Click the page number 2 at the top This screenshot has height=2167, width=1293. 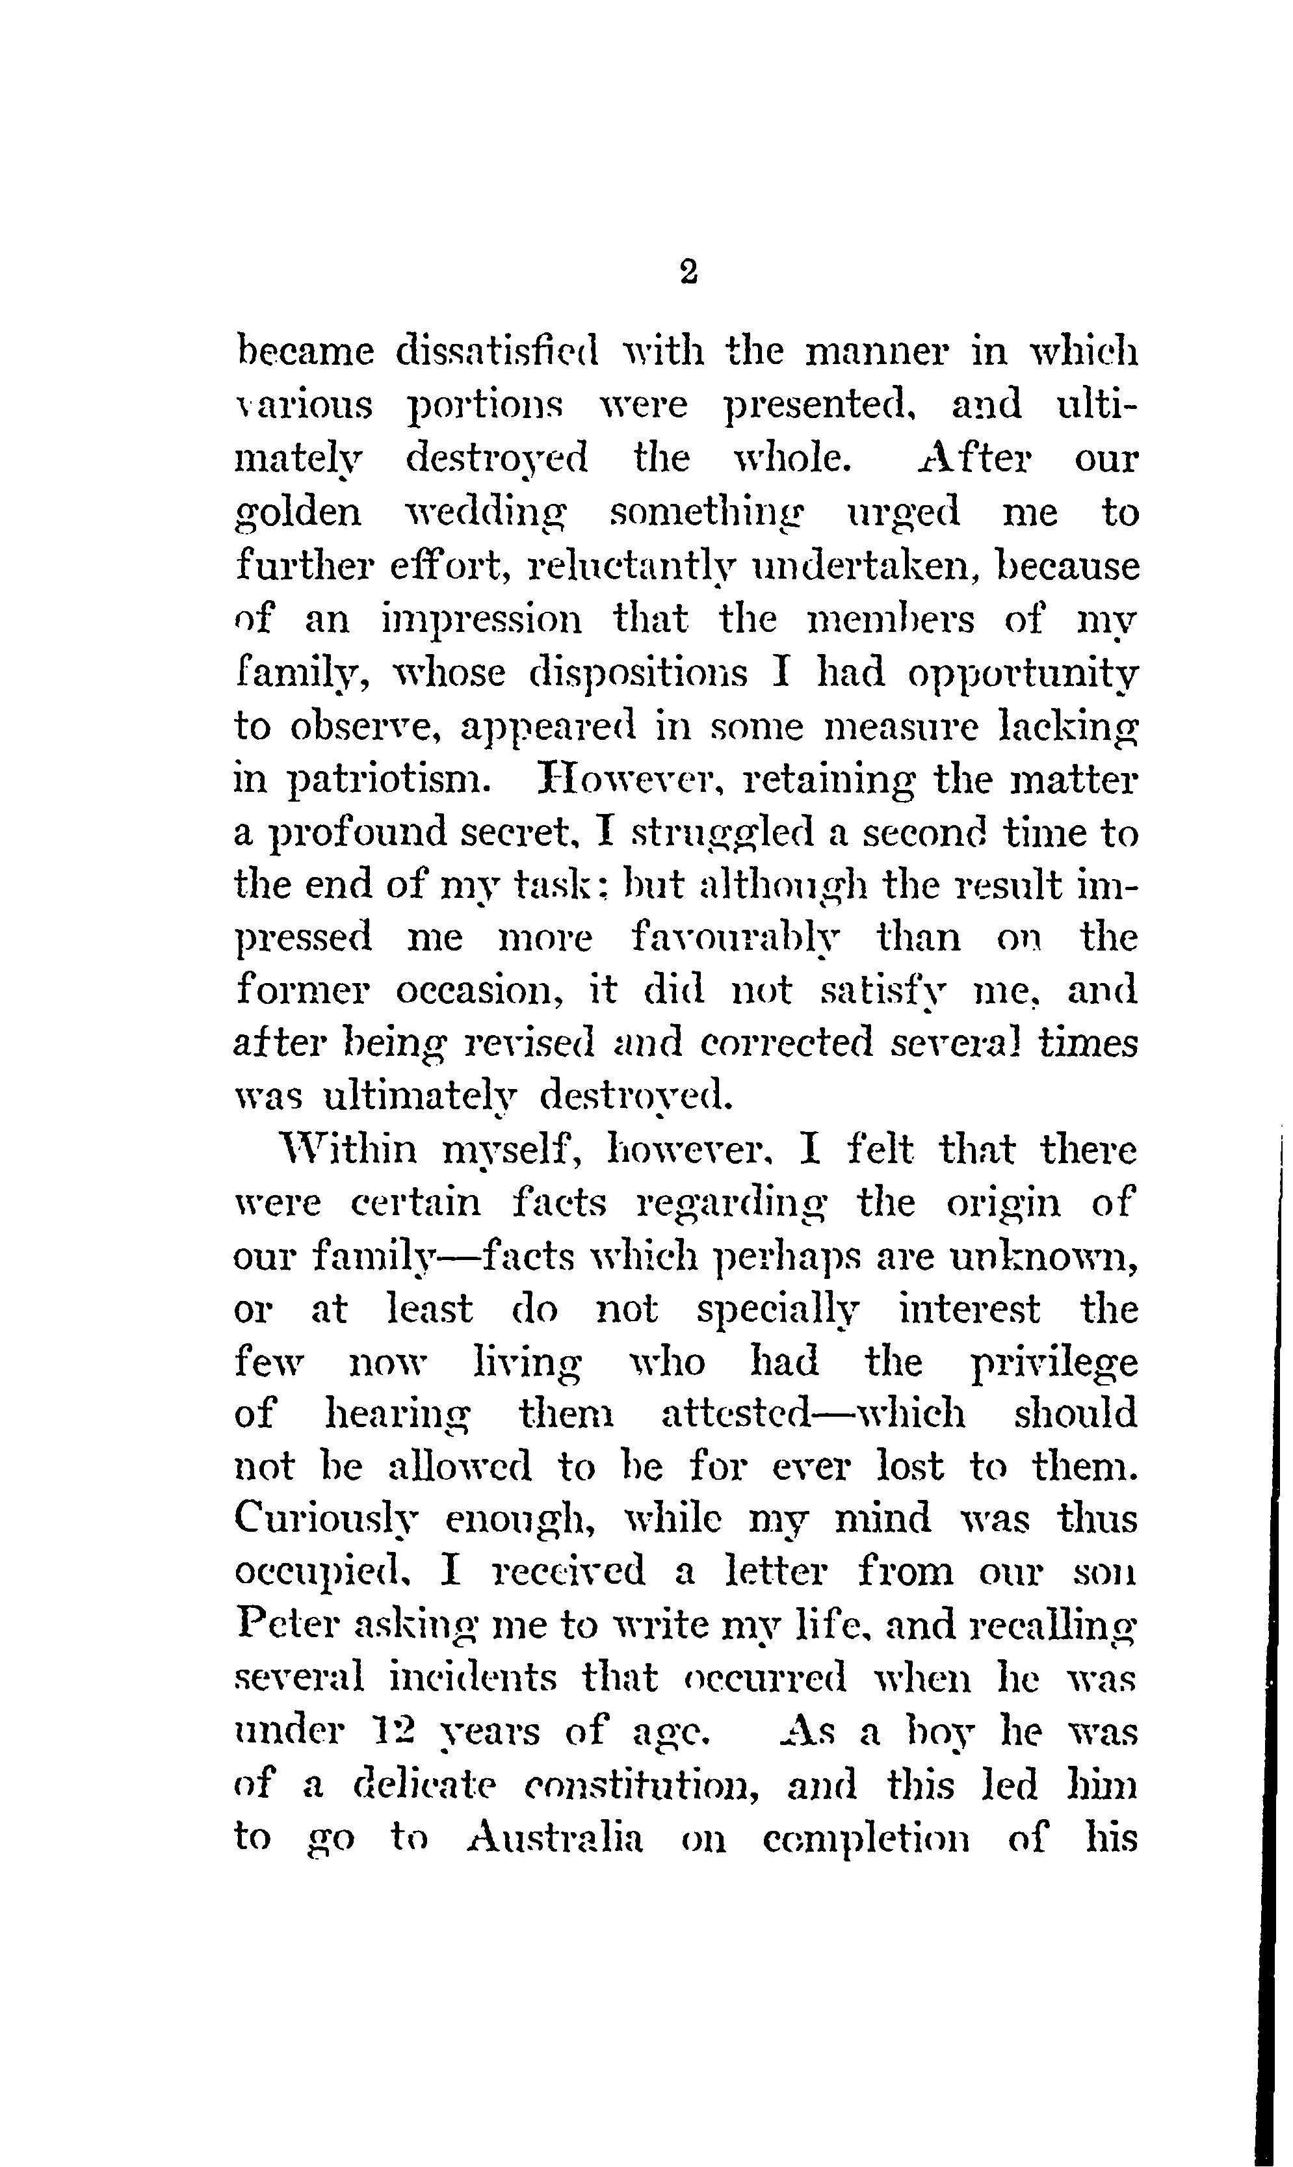(x=687, y=272)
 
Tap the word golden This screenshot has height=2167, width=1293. (x=298, y=512)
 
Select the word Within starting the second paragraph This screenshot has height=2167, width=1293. (x=346, y=1150)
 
